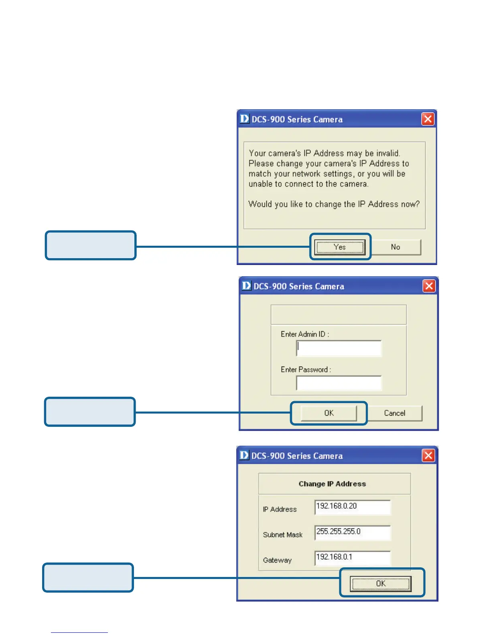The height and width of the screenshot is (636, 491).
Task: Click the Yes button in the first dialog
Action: click(x=340, y=247)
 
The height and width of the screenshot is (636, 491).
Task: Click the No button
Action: click(x=396, y=247)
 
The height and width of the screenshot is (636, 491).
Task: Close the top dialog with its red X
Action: click(x=428, y=119)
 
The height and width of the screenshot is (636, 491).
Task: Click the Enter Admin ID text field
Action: click(x=339, y=349)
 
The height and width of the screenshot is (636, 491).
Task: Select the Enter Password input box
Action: click(x=339, y=383)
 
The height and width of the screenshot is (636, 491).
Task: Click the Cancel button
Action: click(x=395, y=413)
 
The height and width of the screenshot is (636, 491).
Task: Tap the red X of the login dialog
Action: click(x=429, y=286)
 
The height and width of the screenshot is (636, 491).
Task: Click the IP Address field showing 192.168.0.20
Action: click(x=352, y=507)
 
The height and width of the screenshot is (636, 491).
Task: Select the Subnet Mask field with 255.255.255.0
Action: click(x=352, y=533)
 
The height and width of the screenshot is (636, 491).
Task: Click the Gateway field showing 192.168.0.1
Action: click(x=352, y=558)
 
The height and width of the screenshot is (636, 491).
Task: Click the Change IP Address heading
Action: click(x=332, y=484)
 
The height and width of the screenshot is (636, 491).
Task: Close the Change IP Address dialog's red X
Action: click(x=428, y=455)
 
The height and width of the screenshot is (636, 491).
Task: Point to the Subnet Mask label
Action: click(x=283, y=535)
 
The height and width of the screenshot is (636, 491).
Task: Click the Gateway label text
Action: click(x=277, y=560)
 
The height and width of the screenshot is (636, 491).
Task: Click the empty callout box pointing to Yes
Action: click(x=91, y=245)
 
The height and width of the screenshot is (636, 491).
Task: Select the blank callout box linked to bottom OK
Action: click(x=88, y=578)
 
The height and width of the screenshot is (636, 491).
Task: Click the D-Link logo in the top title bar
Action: click(x=244, y=119)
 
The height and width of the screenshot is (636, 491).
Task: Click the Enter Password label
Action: click(x=306, y=369)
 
